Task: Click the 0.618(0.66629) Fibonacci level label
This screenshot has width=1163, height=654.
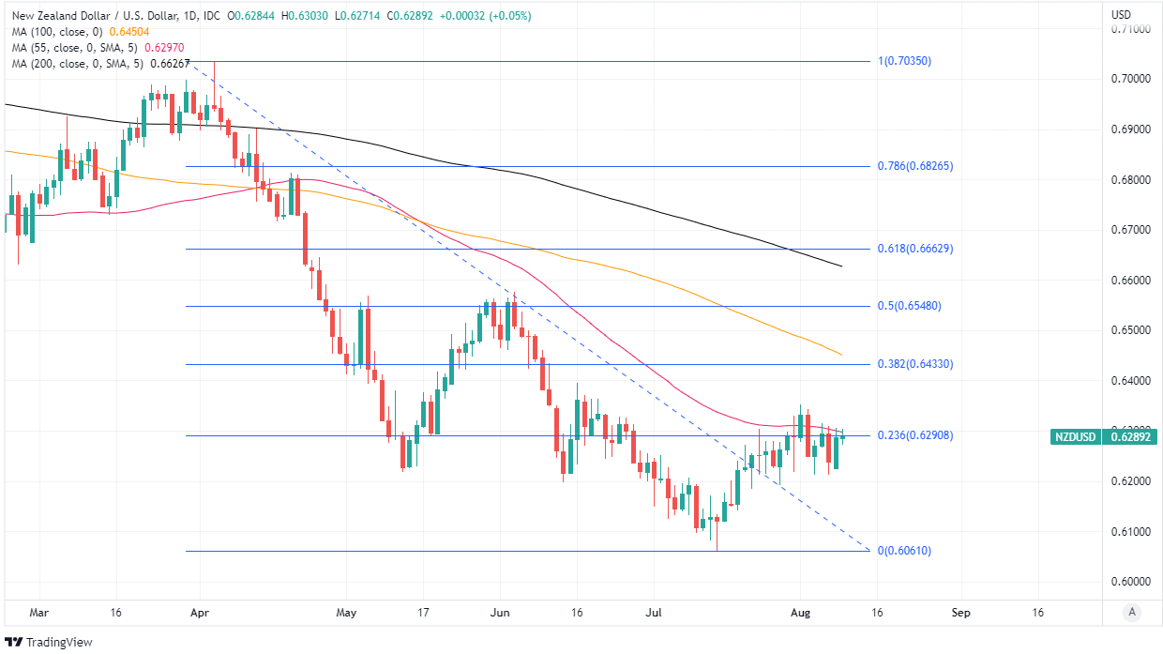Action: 914,249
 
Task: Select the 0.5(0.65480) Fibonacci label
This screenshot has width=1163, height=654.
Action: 909,306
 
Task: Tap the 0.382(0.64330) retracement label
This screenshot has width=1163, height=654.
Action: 914,363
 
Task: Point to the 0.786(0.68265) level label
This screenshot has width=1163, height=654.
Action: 914,166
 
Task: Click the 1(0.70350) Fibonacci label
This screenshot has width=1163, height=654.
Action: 904,61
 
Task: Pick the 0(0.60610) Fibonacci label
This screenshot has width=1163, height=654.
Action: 904,551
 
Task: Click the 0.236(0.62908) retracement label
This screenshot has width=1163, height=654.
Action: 914,435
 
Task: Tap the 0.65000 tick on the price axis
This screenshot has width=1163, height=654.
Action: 1130,330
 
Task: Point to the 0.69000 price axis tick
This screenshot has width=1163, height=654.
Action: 1130,129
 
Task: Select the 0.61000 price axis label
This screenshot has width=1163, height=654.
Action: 1130,532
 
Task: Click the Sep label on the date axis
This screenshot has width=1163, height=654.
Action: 960,613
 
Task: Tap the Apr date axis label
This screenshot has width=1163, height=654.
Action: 198,613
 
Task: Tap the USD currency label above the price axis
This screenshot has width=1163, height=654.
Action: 1121,15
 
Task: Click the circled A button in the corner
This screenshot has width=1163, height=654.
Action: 1132,613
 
